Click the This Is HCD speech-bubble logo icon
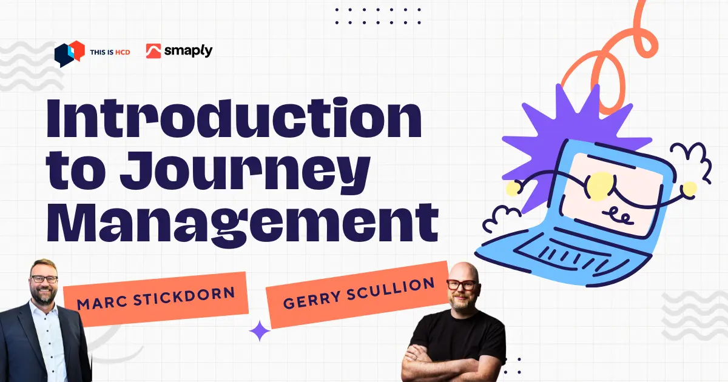point(68,53)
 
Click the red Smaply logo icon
point(153,51)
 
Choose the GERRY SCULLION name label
point(358,294)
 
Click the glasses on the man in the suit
point(44,279)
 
